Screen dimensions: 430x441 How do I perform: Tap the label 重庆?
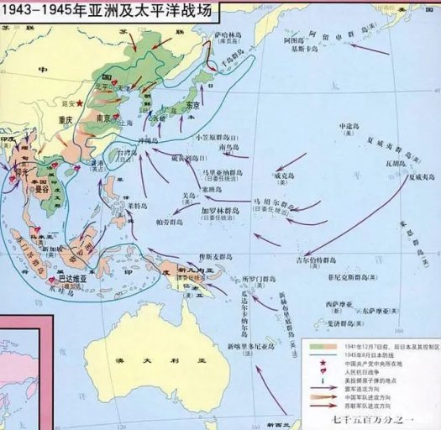[68, 119]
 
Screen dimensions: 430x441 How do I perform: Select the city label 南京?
[106, 118]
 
